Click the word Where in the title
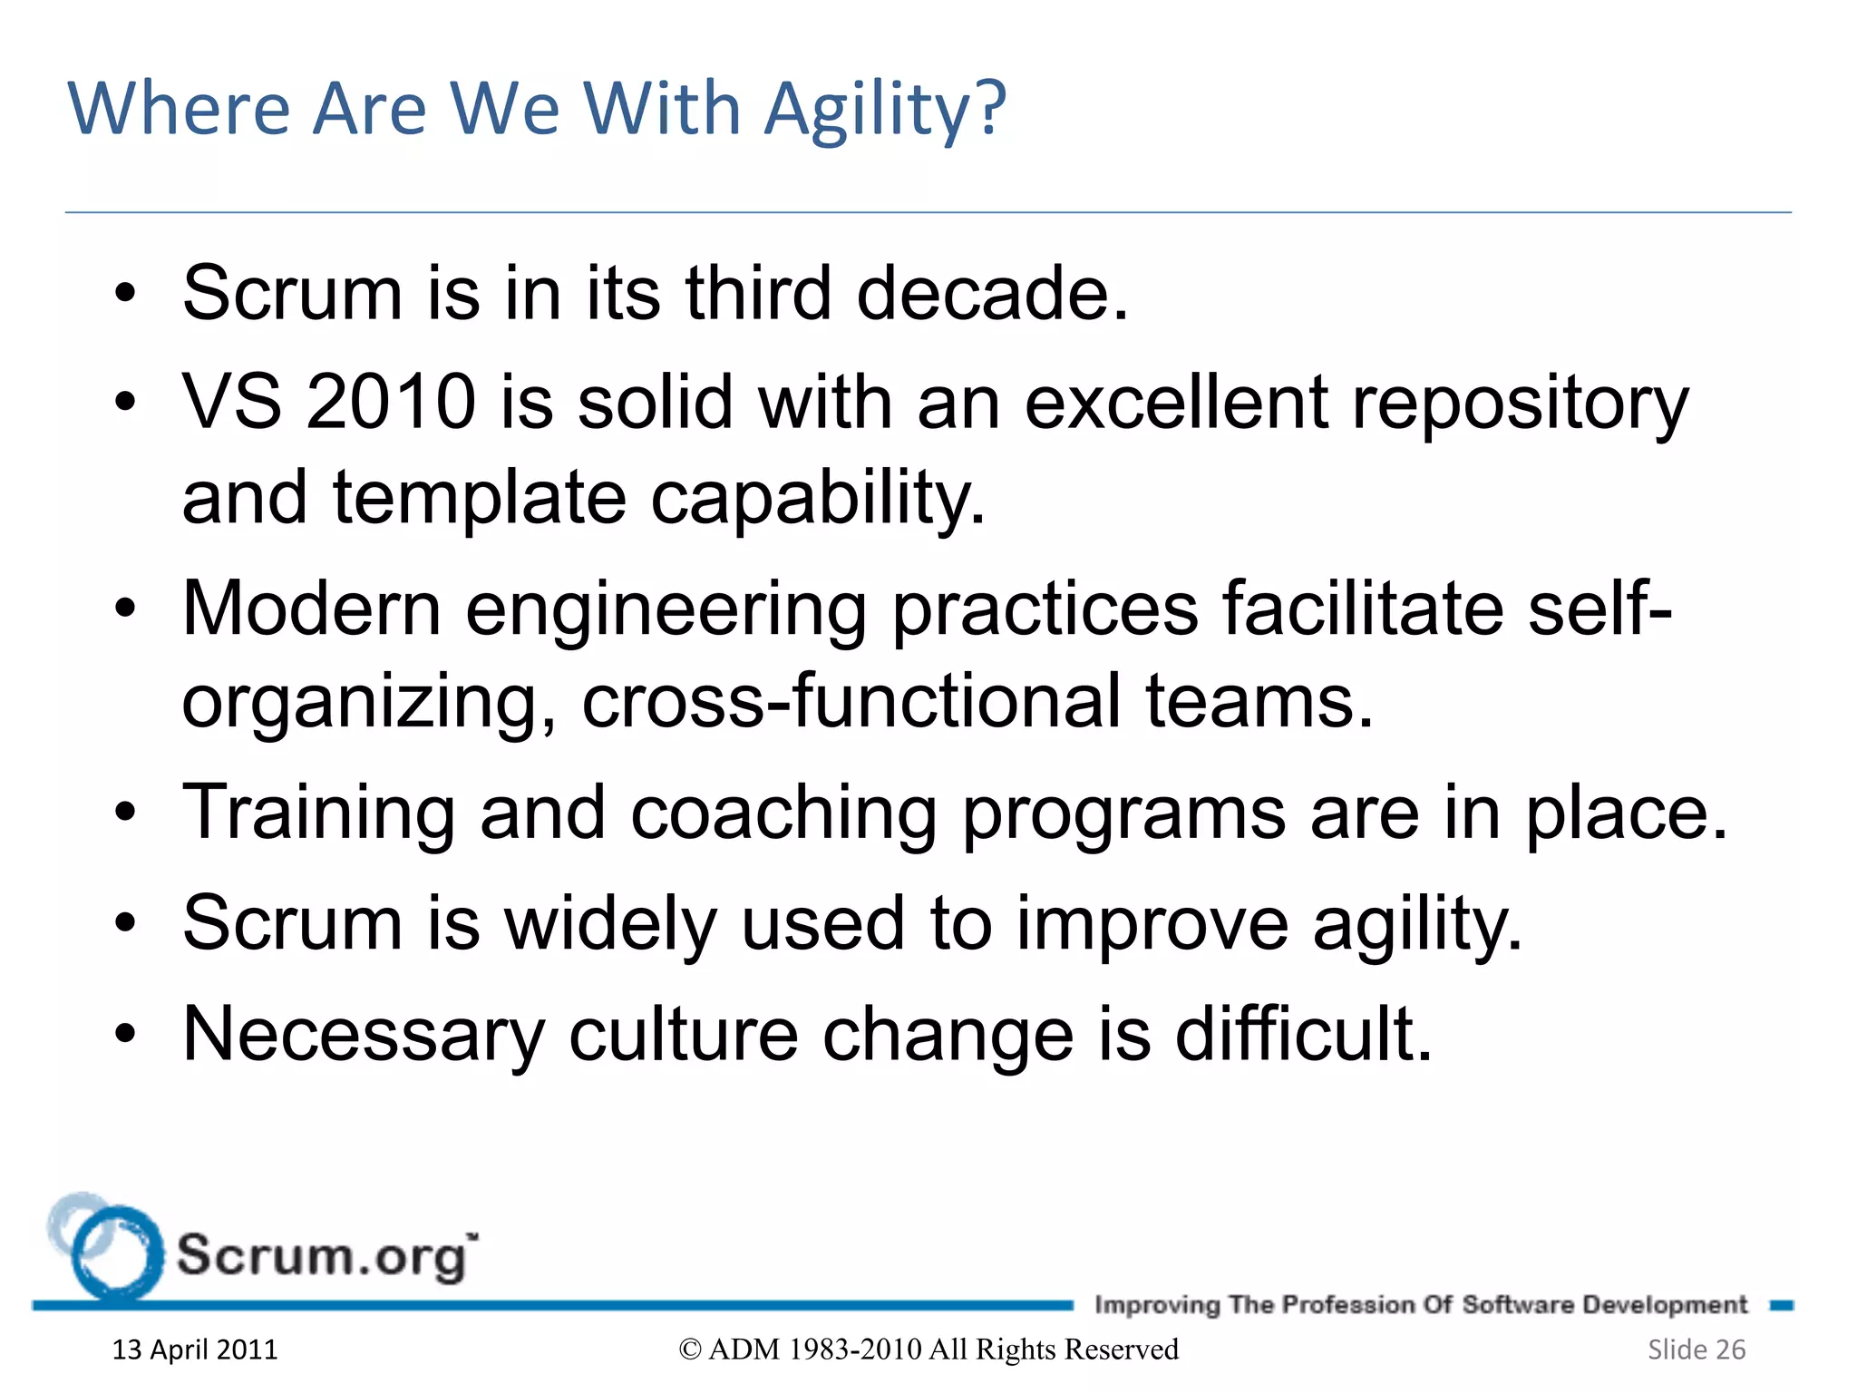tap(179, 109)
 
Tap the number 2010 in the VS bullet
tap(391, 402)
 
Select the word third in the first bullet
tap(758, 293)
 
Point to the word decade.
tap(992, 293)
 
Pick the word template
tap(479, 498)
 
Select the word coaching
tap(783, 813)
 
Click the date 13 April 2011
tap(194, 1349)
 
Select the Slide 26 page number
tap(1696, 1349)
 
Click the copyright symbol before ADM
tap(690, 1350)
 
